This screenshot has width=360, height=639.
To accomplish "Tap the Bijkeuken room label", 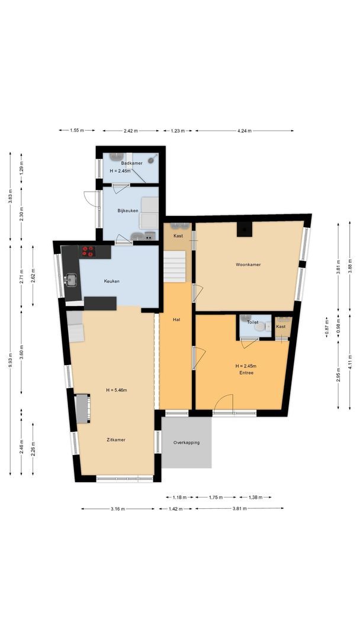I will coord(127,211).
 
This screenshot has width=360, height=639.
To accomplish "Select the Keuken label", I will coord(112,281).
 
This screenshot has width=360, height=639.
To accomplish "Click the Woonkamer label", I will coord(248,264).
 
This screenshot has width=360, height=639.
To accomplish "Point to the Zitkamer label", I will coord(116,440).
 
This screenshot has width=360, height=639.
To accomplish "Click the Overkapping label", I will coord(187,443).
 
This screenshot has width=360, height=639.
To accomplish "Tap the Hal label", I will coord(176,319).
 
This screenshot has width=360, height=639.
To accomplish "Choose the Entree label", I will coord(246,373).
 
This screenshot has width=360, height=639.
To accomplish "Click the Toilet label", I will coord(253,322).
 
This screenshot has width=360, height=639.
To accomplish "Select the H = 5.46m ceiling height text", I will coord(117,390).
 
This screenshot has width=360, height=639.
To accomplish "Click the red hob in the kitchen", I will coord(88,251).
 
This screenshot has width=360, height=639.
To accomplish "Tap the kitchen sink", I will coord(72,278).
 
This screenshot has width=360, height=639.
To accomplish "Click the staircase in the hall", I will coord(175,266).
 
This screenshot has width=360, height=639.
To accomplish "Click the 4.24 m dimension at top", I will coord(245,131).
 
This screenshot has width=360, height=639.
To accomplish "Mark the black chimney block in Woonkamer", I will coord(243,230).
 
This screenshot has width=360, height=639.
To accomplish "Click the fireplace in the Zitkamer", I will coord(82,409).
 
